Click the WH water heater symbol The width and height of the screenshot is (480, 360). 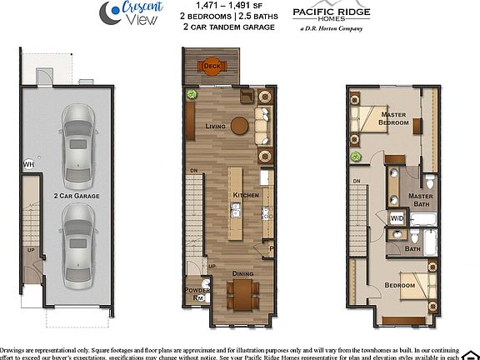click(x=29, y=163)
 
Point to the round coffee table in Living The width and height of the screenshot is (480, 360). click(x=240, y=125)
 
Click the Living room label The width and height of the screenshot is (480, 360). click(x=216, y=126)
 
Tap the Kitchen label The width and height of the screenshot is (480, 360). click(x=246, y=195)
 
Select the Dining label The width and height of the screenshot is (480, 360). click(x=242, y=273)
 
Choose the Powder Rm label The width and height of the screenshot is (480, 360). click(x=197, y=293)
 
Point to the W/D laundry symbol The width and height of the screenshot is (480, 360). click(x=397, y=218)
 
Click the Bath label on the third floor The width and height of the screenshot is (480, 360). click(x=412, y=248)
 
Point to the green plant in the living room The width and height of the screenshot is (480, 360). click(x=191, y=94)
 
